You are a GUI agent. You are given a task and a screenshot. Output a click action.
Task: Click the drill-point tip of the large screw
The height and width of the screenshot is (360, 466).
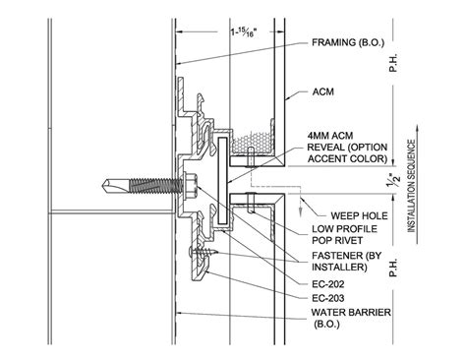[x=101, y=184]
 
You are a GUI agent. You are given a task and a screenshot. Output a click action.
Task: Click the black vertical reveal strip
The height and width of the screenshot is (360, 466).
[x=225, y=168]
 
